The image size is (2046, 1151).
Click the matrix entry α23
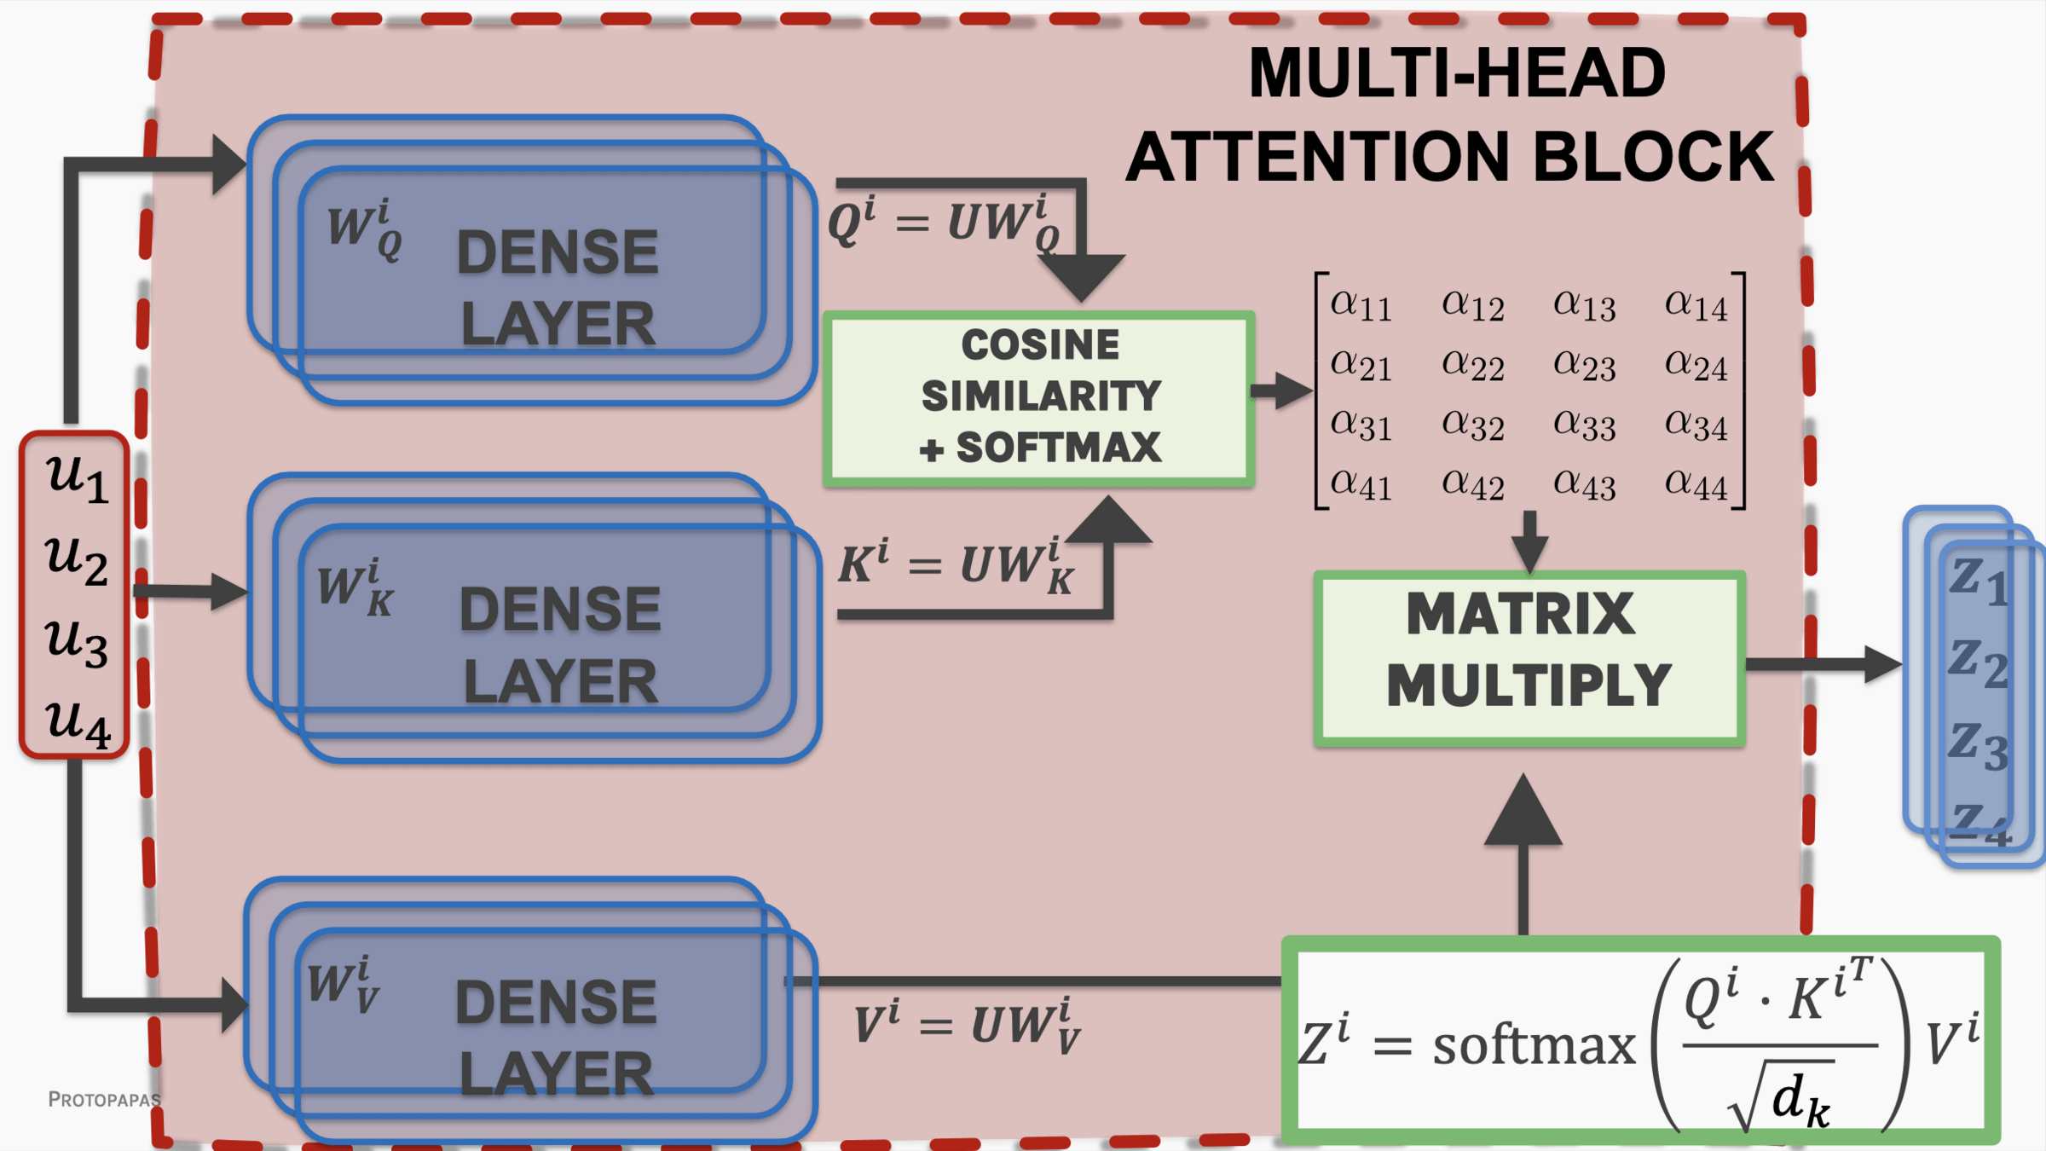(1584, 366)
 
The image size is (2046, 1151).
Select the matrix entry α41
(1361, 484)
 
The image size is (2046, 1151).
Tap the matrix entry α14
(1696, 305)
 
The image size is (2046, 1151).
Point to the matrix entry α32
(1473, 425)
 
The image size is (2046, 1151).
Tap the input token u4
(77, 723)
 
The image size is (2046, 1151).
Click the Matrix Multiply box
(1529, 659)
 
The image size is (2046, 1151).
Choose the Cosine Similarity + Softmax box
(1039, 398)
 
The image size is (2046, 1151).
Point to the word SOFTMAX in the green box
(1058, 448)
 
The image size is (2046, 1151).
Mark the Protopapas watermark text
(104, 1100)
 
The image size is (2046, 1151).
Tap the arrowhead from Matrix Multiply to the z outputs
(1882, 664)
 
